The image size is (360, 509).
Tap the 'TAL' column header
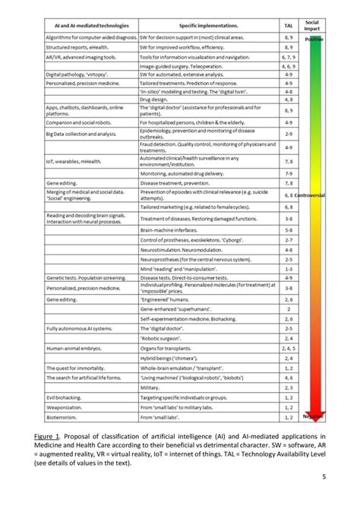point(289,26)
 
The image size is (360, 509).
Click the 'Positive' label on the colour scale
point(313,39)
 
